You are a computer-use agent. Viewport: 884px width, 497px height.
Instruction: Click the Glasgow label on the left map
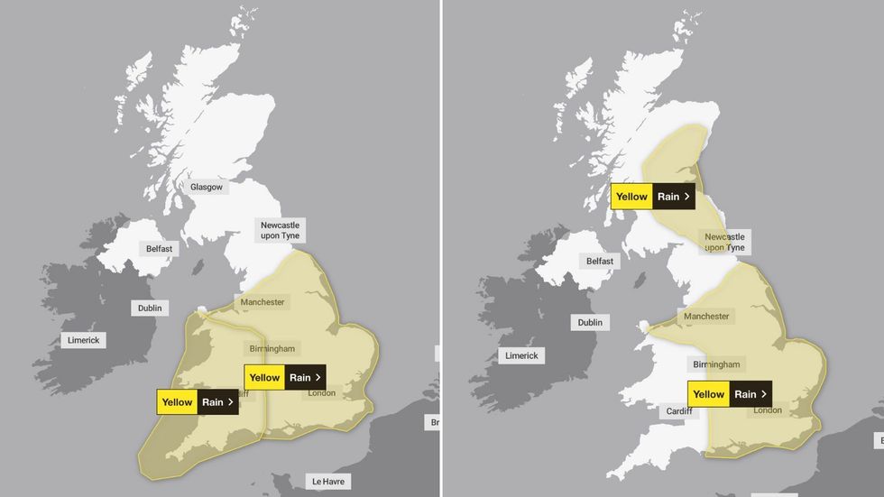pos(207,187)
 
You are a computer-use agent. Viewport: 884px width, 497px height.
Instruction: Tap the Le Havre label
pos(327,481)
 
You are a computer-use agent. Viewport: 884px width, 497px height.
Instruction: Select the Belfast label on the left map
pos(159,248)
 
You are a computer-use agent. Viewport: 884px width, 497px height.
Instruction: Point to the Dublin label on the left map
pos(150,308)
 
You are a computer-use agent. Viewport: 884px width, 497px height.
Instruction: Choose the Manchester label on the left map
pos(262,302)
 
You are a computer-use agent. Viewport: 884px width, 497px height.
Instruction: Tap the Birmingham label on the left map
pos(272,348)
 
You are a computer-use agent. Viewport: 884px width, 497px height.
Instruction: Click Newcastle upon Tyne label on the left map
pos(280,230)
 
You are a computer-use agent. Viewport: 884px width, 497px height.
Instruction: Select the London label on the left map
pos(322,392)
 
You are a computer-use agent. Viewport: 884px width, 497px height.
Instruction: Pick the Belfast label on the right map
pos(600,261)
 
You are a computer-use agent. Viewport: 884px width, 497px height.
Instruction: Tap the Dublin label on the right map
pos(590,322)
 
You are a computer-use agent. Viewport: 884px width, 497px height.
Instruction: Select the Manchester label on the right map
pos(706,317)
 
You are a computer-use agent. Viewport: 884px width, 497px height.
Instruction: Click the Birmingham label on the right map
pos(716,364)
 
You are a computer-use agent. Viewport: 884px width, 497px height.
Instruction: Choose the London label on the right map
pos(768,410)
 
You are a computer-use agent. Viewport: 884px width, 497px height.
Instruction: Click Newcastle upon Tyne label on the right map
pos(724,242)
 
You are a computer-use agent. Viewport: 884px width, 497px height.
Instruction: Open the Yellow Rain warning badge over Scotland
pos(653,197)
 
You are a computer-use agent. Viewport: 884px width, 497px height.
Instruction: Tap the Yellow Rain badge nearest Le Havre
pos(285,378)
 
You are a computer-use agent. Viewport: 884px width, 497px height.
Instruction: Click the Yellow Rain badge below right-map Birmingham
pos(729,394)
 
